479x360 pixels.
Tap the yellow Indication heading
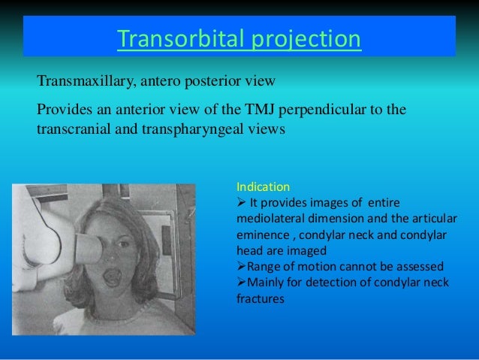(x=262, y=186)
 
